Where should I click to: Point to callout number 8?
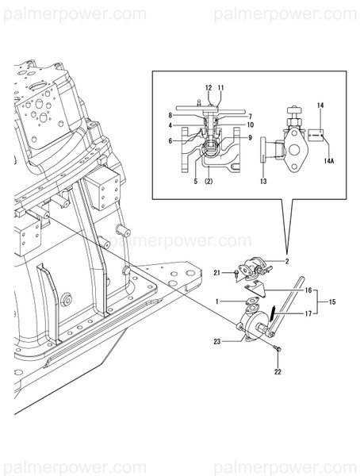pos(170,116)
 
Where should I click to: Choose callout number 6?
pos(170,141)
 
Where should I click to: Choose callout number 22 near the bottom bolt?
pos(277,372)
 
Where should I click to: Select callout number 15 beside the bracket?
pos(331,301)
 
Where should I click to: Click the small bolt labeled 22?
pos(274,351)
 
